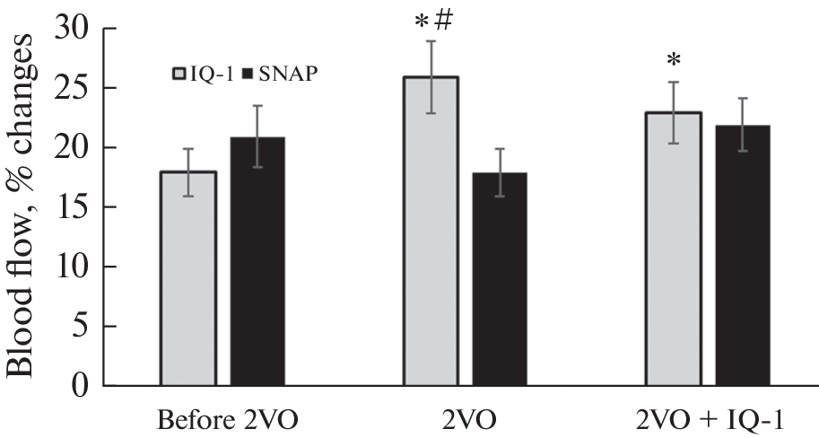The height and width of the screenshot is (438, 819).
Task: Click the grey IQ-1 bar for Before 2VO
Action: click(x=188, y=278)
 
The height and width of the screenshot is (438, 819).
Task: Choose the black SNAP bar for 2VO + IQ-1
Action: click(x=742, y=256)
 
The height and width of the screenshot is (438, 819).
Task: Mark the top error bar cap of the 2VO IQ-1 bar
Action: click(x=431, y=41)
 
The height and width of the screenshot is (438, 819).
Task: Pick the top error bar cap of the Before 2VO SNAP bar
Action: click(x=258, y=106)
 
